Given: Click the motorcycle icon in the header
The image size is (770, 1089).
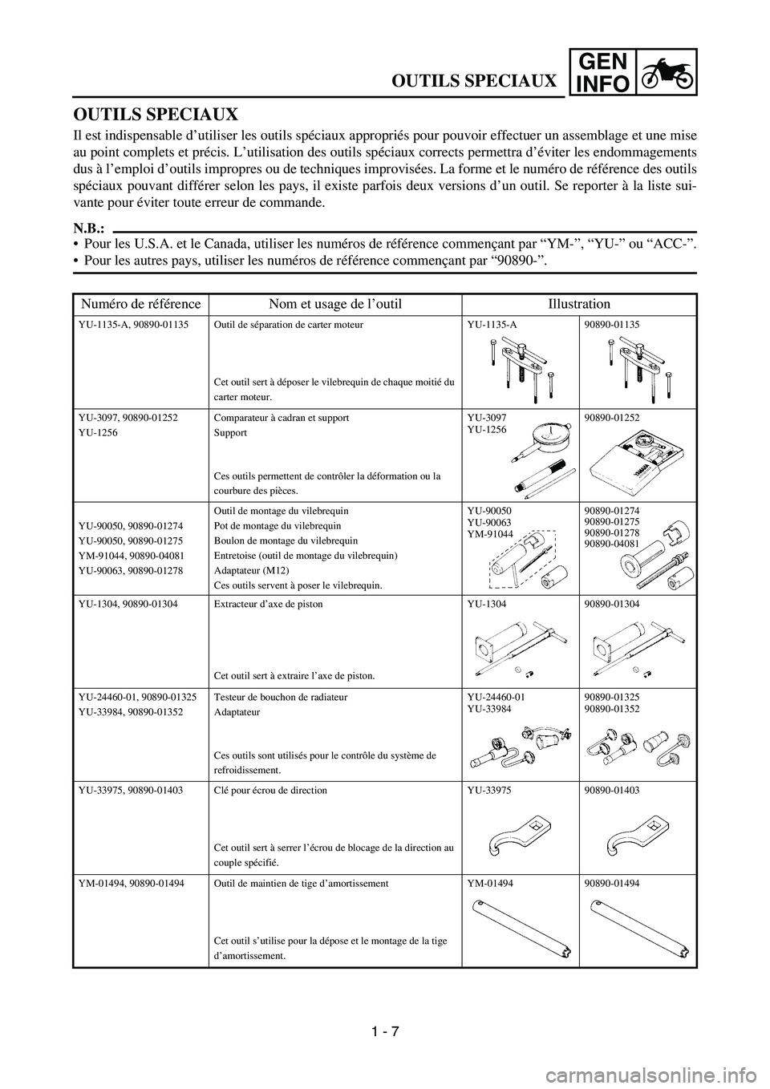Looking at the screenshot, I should click(667, 71).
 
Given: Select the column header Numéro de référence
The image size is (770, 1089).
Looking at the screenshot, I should click(140, 305).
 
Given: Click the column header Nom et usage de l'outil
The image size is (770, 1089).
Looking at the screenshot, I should click(335, 305).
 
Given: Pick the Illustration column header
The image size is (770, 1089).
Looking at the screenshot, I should click(579, 305).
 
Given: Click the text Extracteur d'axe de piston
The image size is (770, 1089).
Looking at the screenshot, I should click(269, 605).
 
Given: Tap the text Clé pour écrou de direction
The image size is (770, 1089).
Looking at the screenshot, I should click(271, 791).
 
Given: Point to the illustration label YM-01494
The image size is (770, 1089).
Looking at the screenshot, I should click(490, 884).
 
